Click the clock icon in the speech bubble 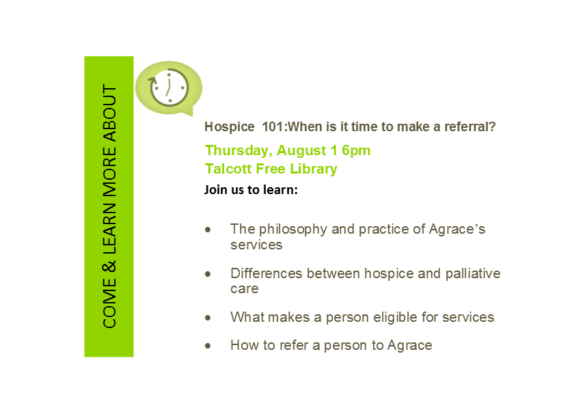pos(168,88)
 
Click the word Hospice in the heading pos(230,127)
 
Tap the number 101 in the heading pos(273,126)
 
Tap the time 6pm pos(356,151)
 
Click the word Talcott pos(228,169)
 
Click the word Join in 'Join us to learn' pos(216,190)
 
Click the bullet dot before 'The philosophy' pos(208,230)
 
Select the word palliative pos(473,274)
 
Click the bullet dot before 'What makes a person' pos(208,317)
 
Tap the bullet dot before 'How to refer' pos(208,346)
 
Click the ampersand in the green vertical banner pos(109,266)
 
